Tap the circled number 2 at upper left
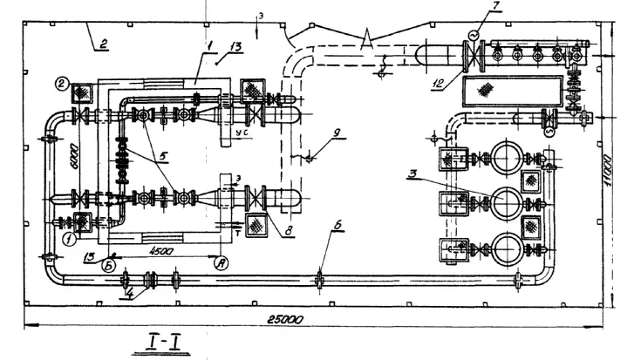click(63, 85)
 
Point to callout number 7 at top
click(496, 7)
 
